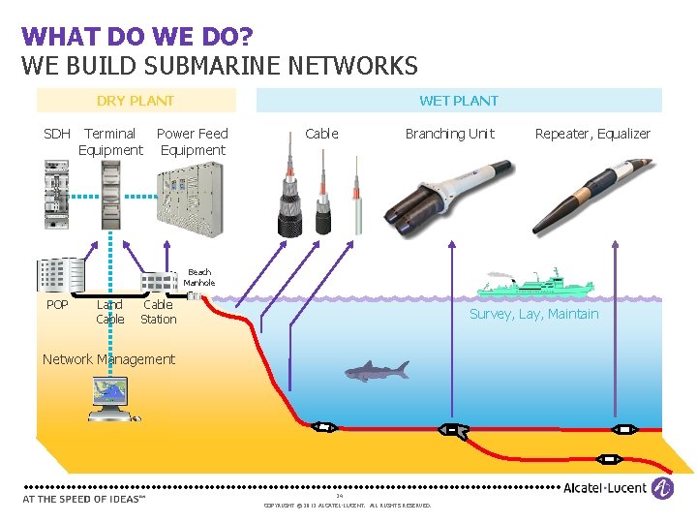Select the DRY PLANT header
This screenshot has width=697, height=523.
[x=136, y=100]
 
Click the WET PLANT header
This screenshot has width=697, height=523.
[x=459, y=100]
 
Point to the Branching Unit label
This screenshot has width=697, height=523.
[x=449, y=134]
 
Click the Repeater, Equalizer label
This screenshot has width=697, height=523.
[x=592, y=134]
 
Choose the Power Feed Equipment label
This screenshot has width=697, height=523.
[x=193, y=141]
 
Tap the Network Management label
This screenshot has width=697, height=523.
[x=108, y=359]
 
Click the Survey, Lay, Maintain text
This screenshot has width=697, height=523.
[x=534, y=314]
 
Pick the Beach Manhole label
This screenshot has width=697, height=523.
[x=199, y=277]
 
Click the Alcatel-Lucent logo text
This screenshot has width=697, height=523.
[x=605, y=488]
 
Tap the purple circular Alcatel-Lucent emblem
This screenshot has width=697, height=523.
[x=662, y=488]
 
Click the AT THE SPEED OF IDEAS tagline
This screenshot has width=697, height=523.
[x=84, y=499]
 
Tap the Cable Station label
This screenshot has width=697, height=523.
[x=159, y=312]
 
